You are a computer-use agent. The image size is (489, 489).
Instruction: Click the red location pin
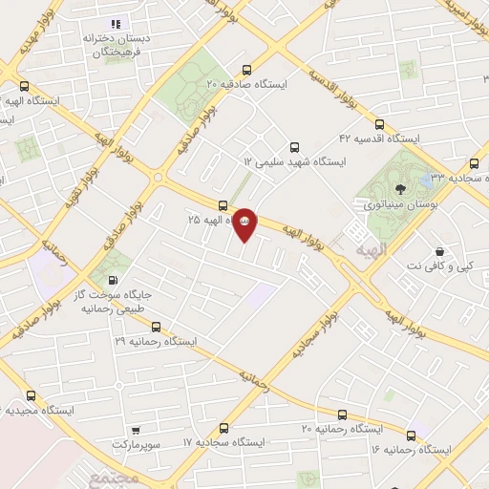pos(245,222)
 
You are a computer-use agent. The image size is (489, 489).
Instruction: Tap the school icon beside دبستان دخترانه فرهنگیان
pos(116,24)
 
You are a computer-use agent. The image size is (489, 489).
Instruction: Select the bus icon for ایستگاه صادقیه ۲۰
pos(247,69)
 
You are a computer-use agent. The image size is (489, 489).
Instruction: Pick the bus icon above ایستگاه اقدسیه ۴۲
pos(380,123)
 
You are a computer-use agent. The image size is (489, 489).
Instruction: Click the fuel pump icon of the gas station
pos(115,281)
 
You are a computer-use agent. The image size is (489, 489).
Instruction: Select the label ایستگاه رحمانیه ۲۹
pos(156,340)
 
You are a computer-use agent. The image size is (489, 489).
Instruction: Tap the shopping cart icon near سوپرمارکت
pos(137,430)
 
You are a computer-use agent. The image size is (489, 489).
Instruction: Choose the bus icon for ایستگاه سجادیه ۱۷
pos(224,428)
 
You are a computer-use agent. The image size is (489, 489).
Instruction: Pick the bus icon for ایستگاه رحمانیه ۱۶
pos(411,433)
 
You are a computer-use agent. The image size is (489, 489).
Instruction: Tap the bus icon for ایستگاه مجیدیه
pos(32,395)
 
